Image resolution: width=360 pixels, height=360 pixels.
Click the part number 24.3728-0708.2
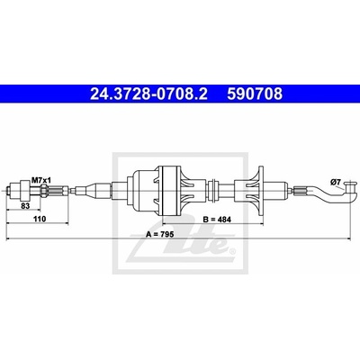(148, 94)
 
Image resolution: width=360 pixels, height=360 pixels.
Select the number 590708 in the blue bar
(255, 94)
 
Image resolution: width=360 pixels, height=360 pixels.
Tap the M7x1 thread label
(41, 180)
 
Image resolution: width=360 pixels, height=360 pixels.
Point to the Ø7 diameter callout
(335, 182)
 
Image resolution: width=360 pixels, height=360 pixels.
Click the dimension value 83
(26, 206)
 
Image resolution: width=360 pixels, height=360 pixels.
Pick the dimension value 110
(40, 219)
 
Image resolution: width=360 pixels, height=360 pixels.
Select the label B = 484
(217, 220)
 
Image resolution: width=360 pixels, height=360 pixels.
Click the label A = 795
(159, 235)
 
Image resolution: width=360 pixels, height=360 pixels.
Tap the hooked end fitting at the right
(349, 192)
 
